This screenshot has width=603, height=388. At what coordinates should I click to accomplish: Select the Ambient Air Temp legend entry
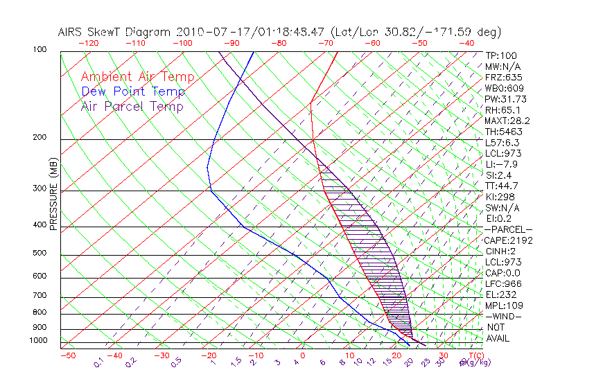click(x=137, y=77)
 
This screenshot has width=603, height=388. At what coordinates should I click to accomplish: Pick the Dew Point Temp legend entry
click(x=133, y=91)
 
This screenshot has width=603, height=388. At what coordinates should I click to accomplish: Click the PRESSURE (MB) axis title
click(x=53, y=197)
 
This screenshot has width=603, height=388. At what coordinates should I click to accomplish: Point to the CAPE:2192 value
click(x=507, y=240)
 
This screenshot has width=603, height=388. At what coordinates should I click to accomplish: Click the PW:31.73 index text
click(x=506, y=99)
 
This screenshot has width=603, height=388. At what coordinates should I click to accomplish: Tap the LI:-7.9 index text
click(x=502, y=164)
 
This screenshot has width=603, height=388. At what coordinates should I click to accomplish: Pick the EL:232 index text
click(x=500, y=294)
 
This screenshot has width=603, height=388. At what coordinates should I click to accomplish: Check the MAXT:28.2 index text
click(x=508, y=121)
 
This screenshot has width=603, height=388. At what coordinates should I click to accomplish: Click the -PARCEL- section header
click(x=508, y=229)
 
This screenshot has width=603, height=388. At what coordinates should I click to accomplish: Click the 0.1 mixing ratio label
click(x=99, y=362)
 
